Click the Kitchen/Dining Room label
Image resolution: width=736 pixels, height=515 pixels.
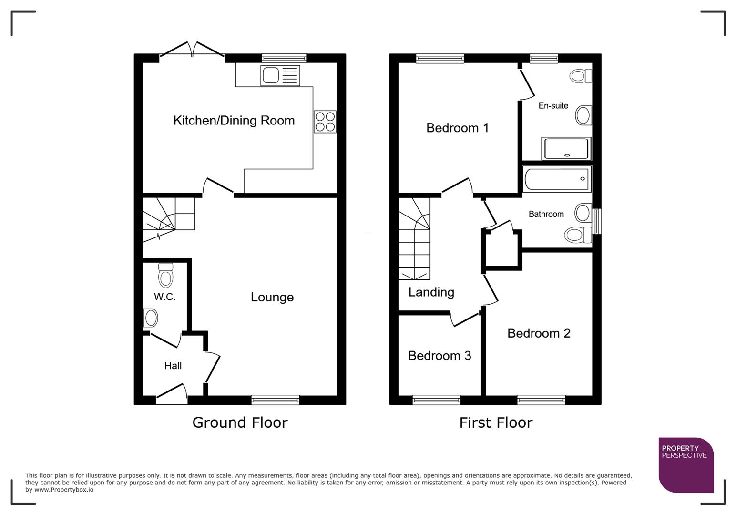[234, 120]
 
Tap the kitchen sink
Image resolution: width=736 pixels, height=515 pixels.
[280, 75]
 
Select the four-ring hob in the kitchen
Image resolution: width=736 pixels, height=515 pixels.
[325, 121]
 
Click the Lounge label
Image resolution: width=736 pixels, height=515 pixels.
[272, 297]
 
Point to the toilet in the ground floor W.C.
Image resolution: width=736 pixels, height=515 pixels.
[165, 276]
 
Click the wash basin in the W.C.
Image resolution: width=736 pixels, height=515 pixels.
[151, 318]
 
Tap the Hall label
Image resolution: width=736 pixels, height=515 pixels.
[173, 366]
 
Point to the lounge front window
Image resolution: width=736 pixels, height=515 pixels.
[275, 400]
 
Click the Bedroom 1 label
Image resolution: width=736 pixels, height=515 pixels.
[457, 128]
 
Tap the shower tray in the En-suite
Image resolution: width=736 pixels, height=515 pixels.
[566, 149]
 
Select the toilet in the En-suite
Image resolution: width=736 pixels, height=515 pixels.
[581, 76]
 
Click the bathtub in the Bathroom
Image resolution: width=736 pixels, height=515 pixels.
[556, 179]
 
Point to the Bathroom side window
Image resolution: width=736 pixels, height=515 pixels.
[596, 221]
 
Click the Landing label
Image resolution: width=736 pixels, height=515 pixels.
[431, 292]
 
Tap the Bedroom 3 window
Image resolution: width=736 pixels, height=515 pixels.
[436, 400]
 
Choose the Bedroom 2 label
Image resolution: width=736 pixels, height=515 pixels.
[539, 333]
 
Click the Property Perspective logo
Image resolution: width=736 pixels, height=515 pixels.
[685, 464]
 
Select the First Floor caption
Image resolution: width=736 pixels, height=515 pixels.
[495, 422]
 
